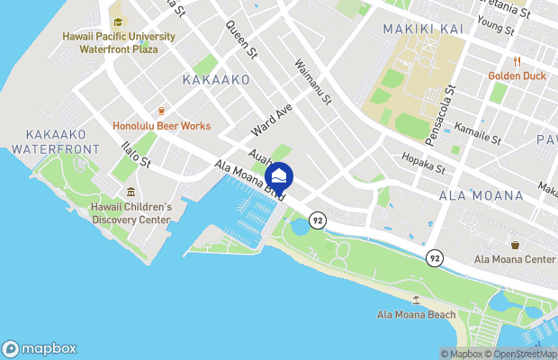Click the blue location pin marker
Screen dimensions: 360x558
click(x=279, y=176)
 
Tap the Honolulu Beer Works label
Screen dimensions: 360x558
click(x=162, y=126)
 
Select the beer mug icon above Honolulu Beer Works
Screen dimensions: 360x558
click(x=161, y=110)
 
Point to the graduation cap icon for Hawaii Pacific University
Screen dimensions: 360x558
click(x=117, y=22)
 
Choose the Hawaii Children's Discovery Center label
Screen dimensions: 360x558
click(x=130, y=213)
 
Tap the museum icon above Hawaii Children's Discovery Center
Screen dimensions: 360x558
click(x=130, y=192)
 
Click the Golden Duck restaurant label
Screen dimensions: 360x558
click(x=517, y=76)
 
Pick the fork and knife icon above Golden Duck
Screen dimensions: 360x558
click(x=517, y=61)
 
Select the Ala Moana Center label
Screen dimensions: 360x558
click(x=516, y=261)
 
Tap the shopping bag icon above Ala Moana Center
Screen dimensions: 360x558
click(x=515, y=245)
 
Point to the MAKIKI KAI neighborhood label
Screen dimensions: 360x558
click(x=423, y=30)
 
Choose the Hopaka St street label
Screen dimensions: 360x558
click(x=425, y=167)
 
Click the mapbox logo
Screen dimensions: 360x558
click(x=40, y=348)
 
